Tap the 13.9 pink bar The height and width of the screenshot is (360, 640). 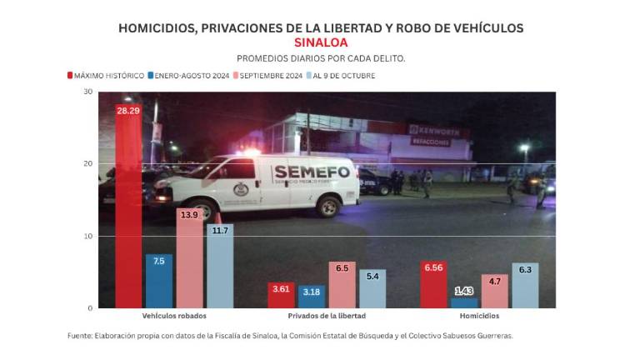(189, 258)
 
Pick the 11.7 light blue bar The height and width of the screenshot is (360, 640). (219, 266)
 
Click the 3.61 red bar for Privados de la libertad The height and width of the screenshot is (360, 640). (281, 296)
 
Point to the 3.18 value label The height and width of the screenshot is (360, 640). (312, 292)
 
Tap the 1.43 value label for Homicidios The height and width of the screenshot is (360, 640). (464, 290)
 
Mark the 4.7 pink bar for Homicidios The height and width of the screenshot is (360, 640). (494, 292)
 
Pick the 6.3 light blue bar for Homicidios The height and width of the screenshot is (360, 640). (525, 286)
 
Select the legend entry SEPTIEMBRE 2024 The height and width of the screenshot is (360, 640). (269, 76)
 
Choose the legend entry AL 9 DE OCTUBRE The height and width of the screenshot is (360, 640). (344, 76)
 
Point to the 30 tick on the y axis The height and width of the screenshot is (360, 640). (87, 91)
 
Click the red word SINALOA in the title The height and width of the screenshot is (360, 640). (321, 42)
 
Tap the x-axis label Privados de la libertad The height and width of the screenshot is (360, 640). (327, 317)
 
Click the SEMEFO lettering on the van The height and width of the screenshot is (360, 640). (299, 172)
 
